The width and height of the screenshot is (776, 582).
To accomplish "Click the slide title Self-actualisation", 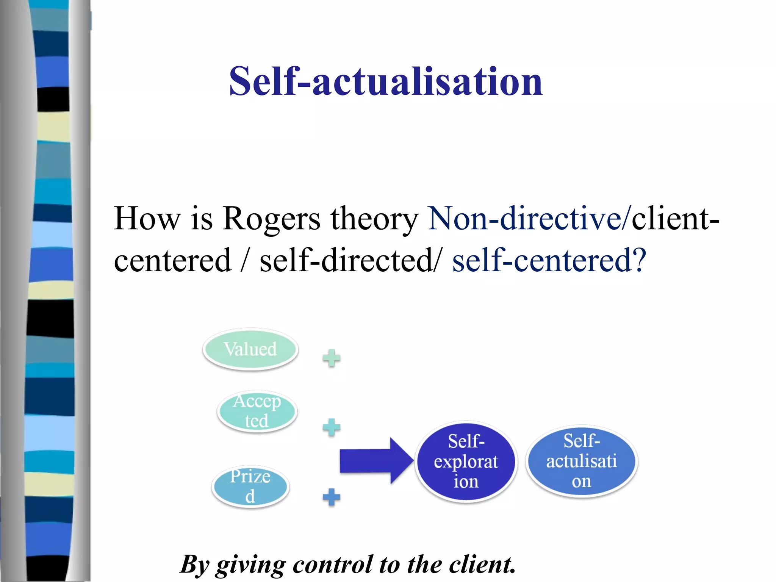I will [386, 81].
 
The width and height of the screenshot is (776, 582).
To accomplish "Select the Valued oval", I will [250, 349].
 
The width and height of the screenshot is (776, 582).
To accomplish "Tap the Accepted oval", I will [257, 411].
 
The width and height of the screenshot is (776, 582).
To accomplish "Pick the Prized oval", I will [250, 487].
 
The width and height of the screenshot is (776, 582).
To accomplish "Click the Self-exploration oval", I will [466, 462].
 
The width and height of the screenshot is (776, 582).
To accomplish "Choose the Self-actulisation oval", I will [581, 461].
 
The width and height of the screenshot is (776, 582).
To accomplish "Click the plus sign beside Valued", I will [332, 358].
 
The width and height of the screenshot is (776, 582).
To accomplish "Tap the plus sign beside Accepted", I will [332, 427].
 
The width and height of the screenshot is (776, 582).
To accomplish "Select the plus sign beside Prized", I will [332, 497].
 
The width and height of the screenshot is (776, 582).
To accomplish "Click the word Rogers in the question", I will [271, 219].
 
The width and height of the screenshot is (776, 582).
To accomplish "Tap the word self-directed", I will [347, 261].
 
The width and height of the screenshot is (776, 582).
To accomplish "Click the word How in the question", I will [147, 219].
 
